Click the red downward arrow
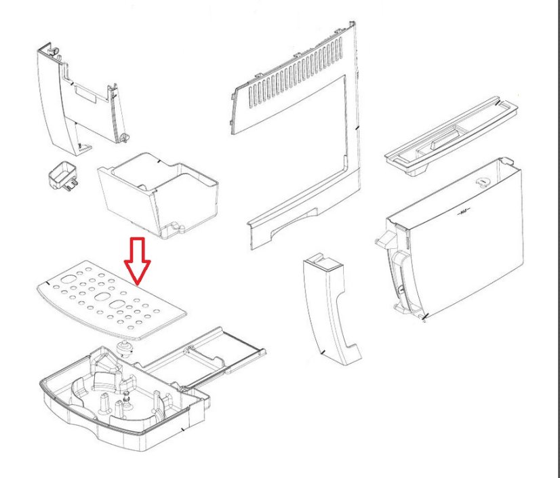(138, 260)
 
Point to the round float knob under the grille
(124, 349)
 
